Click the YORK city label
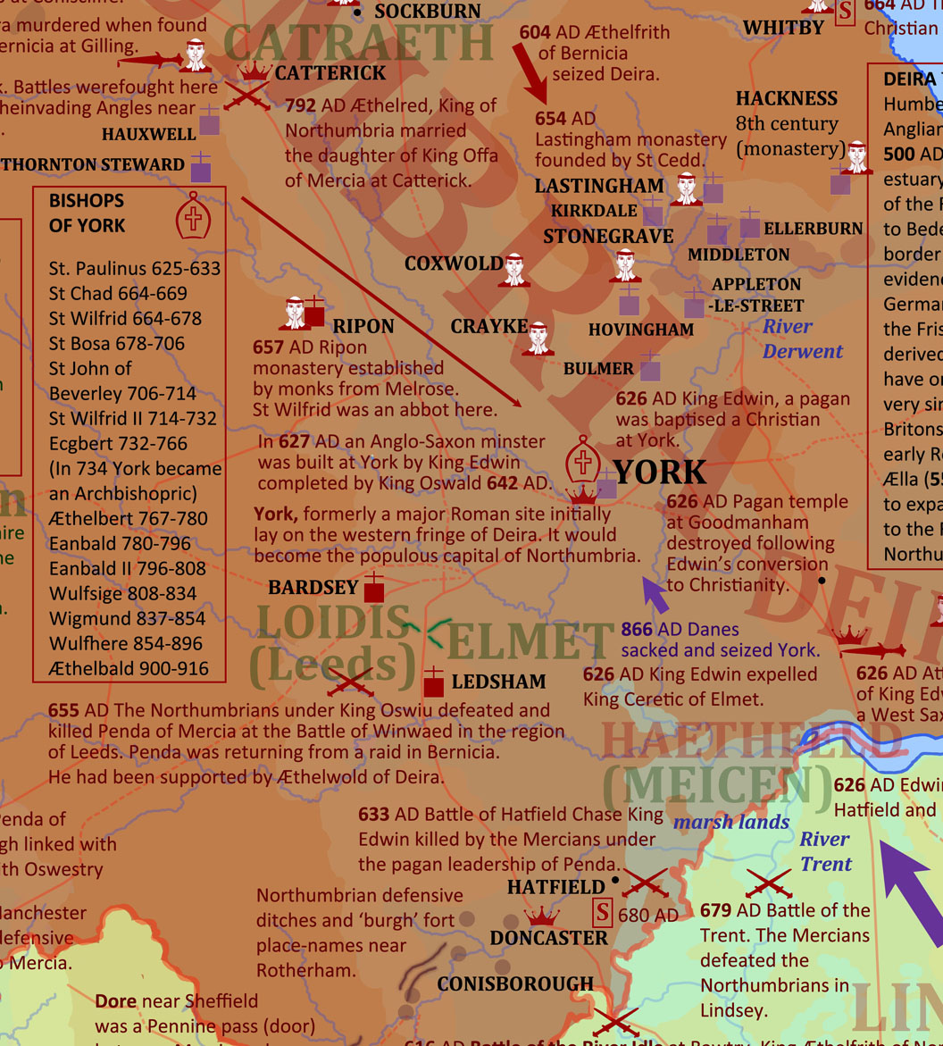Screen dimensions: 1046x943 [660, 473]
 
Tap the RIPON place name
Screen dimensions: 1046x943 [363, 326]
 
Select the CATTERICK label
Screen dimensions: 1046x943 [330, 73]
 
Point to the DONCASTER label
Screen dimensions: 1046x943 [548, 938]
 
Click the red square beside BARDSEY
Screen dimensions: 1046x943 [374, 590]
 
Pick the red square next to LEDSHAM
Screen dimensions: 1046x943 [433, 684]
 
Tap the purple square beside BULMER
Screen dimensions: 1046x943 [650, 369]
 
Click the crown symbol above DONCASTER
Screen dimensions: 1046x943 [541, 916]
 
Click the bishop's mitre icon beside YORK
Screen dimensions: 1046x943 [582, 460]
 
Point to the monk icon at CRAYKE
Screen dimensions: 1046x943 [538, 339]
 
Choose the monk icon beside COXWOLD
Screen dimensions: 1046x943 [513, 270]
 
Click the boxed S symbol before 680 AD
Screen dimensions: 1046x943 [604, 913]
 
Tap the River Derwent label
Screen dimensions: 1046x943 [802, 339]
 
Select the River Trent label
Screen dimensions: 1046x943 [825, 851]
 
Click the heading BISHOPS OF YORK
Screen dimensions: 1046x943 [87, 213]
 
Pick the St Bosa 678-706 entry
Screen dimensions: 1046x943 [117, 343]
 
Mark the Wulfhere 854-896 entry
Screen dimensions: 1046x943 [126, 643]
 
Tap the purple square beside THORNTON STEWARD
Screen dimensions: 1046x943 [201, 170]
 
